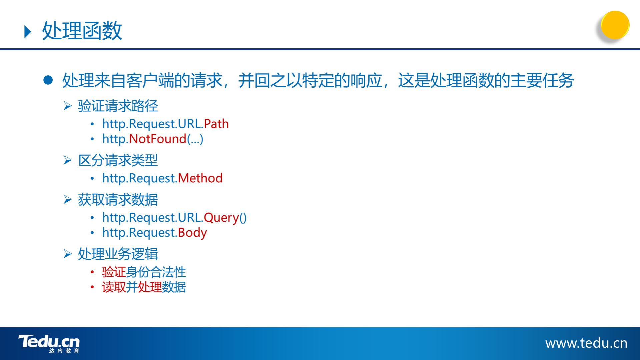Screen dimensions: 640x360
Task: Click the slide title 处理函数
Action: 82,31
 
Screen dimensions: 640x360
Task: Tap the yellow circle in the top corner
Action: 615,25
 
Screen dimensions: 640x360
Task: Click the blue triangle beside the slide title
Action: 28,32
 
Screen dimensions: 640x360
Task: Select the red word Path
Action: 216,124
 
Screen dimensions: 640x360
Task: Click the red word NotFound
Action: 157,139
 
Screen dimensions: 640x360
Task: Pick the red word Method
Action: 200,178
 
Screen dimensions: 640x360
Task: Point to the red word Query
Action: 221,218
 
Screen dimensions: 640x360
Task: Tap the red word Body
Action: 192,233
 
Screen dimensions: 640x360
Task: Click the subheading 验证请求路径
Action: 118,106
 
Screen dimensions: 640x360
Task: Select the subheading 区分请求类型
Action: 118,160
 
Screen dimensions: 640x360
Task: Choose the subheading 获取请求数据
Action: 118,200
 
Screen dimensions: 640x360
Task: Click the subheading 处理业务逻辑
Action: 118,254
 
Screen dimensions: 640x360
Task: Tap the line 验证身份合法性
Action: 144,272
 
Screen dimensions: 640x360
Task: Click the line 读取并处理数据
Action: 144,287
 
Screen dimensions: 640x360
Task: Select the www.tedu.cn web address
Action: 586,343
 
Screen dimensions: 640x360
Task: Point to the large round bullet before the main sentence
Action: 48,80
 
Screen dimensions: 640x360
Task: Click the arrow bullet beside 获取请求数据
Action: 68,200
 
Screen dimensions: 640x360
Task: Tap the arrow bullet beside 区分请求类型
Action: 68,160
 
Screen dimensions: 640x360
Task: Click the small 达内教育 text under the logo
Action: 64,351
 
